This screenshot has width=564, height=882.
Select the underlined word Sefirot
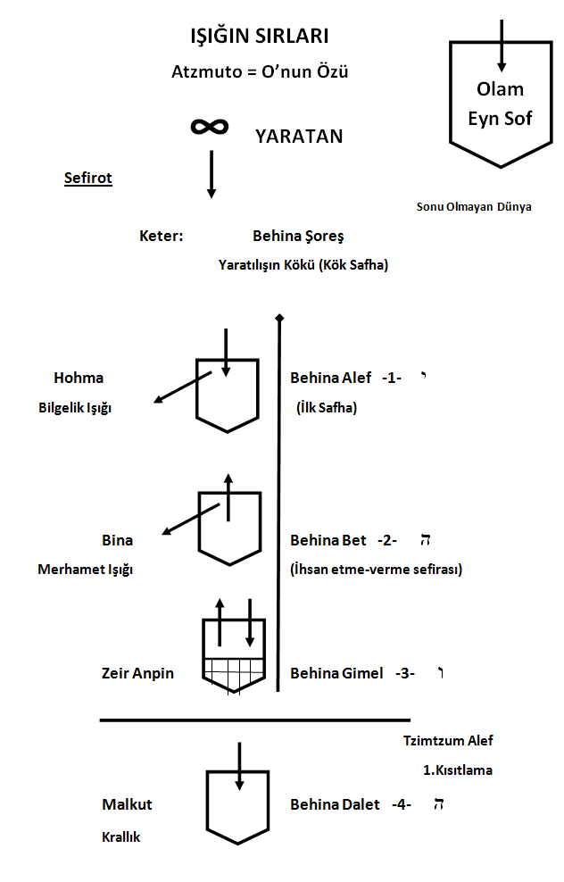tap(88, 178)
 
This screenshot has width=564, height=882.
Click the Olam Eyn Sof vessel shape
tap(500, 103)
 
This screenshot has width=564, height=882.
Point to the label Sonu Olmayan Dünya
tap(474, 206)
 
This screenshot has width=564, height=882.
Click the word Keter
tap(162, 237)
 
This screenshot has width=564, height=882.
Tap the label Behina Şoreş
tap(298, 237)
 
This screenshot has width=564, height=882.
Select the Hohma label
tap(79, 378)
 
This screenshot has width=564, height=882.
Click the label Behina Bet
tap(328, 540)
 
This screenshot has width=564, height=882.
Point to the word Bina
tap(117, 540)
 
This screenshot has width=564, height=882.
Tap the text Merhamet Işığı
tap(85, 570)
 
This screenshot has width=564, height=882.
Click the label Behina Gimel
tap(336, 673)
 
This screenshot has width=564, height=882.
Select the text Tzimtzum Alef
tap(447, 740)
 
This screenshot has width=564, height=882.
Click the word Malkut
tap(127, 804)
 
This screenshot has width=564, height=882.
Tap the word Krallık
tap(120, 837)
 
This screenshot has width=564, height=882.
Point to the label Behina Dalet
tap(334, 804)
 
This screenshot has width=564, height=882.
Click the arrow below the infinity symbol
tap(211, 174)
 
